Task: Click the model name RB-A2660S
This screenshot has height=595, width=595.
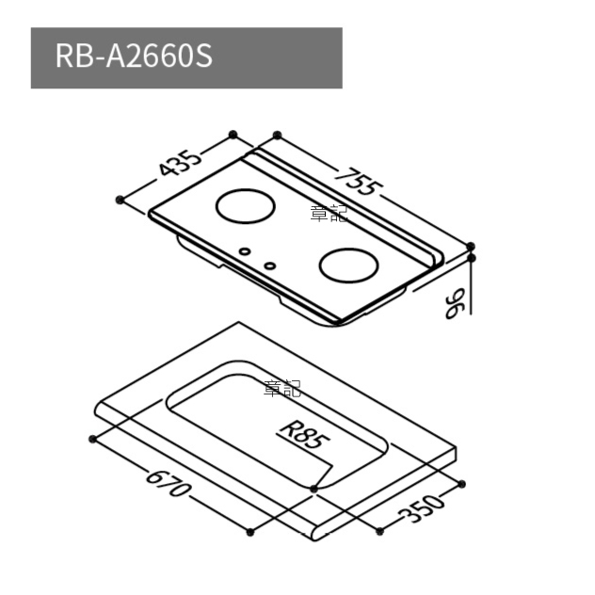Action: click(x=134, y=56)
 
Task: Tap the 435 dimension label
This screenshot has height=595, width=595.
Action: click(x=179, y=163)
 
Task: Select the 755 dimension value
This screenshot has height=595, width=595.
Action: click(x=359, y=182)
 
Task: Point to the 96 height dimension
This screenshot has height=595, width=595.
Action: click(x=455, y=303)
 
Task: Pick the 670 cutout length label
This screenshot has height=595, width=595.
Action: click(x=167, y=483)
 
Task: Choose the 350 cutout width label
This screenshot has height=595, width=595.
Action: click(x=421, y=509)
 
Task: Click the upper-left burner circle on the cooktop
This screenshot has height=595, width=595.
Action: click(x=246, y=206)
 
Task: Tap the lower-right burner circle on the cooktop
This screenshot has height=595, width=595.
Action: click(x=348, y=266)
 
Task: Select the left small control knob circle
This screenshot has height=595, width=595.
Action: click(x=245, y=250)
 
